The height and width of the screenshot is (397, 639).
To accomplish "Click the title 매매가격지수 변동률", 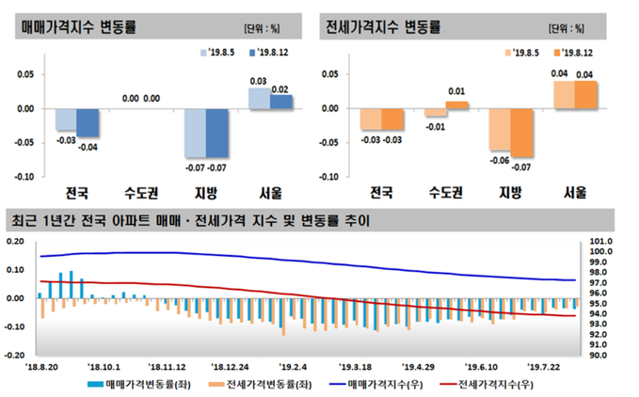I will click(x=79, y=26).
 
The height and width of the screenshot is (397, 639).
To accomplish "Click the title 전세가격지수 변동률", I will click(x=381, y=26).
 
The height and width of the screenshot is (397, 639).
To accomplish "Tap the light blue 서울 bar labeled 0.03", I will click(x=259, y=98).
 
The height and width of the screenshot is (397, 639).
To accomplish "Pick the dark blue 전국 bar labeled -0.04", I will click(x=88, y=122).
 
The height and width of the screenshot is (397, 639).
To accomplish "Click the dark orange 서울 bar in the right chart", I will click(x=585, y=94).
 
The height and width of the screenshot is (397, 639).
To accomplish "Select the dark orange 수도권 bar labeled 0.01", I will click(x=456, y=104).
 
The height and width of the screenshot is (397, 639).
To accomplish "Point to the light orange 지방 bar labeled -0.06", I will click(x=500, y=129).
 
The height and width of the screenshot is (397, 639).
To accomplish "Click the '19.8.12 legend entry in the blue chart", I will click(x=273, y=53).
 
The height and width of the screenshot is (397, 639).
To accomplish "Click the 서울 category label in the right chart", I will click(x=574, y=194).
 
